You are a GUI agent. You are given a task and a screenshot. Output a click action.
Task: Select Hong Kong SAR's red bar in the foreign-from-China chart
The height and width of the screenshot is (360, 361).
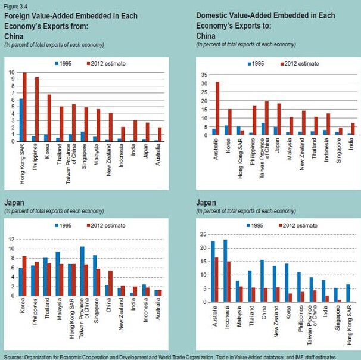tap(25, 107)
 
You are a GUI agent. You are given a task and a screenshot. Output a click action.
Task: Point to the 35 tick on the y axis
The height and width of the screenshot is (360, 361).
tap(204, 75)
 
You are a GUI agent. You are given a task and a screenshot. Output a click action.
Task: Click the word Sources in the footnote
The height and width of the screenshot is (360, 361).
tap(14, 356)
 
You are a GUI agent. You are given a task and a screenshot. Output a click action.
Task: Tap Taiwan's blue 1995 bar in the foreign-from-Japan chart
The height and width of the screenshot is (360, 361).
tap(82, 271)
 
